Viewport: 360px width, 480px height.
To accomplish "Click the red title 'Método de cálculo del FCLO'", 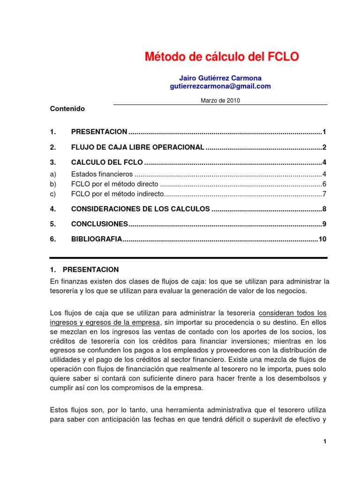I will coord(221,57).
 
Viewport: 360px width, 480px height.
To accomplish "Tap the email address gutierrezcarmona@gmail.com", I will coord(220,86).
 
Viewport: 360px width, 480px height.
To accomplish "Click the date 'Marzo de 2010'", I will coord(220,100).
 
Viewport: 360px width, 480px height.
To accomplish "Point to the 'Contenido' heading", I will coord(67,108).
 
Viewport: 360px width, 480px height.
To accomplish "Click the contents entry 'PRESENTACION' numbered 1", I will coord(99,132).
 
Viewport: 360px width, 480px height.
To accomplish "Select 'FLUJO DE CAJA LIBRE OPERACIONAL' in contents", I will coord(137,147).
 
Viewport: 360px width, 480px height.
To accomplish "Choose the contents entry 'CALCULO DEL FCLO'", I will coord(107,163).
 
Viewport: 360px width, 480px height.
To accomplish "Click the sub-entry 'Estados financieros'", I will coord(99,174).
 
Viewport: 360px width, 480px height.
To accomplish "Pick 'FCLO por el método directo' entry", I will coord(114,184).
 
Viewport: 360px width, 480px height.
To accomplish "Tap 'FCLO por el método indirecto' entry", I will coord(117,193).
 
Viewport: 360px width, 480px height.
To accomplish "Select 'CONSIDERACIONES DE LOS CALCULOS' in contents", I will coord(140,209).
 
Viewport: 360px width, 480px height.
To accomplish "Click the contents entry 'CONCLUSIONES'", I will coord(99,224).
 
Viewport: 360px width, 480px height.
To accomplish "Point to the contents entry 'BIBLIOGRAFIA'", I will coord(97,239).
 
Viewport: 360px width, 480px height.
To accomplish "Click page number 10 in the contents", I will coord(322,239).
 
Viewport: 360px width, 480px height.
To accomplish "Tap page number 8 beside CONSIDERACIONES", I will coord(324,209).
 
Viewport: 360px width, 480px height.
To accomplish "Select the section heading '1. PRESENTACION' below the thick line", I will coord(84,270).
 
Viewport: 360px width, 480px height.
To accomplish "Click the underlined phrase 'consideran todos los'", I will coord(292,313).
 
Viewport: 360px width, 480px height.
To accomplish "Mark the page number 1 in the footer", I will coord(324,441).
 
